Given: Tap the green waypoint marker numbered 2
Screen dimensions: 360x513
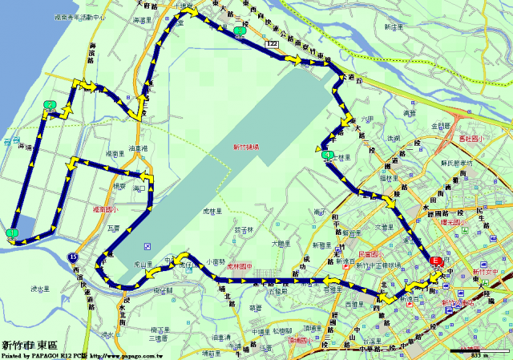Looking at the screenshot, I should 50,104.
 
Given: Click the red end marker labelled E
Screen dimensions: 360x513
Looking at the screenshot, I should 436,261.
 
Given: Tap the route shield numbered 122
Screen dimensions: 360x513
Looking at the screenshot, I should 273,50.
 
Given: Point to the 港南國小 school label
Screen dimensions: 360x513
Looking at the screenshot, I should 105,210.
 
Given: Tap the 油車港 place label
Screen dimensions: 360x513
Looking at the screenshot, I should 138,148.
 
